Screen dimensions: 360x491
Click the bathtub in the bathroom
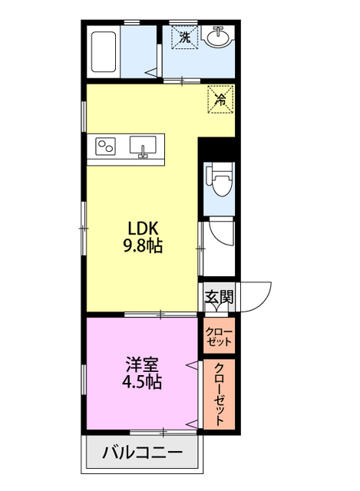tap(104, 51)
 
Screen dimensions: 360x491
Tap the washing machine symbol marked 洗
tap(185, 38)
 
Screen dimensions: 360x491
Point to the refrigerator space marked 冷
tap(221, 99)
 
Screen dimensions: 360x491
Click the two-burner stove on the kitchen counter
tap(105, 147)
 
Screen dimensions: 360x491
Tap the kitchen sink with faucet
tap(143, 147)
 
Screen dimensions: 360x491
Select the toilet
tap(219, 180)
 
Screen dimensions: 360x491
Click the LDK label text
tap(144, 229)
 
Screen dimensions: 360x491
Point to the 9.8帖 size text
tap(144, 245)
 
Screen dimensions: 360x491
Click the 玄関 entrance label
tap(220, 296)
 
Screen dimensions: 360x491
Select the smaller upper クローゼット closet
tap(219, 335)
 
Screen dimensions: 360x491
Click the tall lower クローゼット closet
tap(219, 394)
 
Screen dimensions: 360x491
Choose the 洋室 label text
tap(142, 364)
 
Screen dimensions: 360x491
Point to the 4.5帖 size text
tap(142, 381)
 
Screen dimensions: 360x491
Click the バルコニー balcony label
tap(143, 453)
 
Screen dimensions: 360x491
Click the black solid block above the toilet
tap(216, 150)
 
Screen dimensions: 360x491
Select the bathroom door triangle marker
tap(152, 72)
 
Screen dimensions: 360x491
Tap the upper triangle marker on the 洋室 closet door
tap(192, 364)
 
